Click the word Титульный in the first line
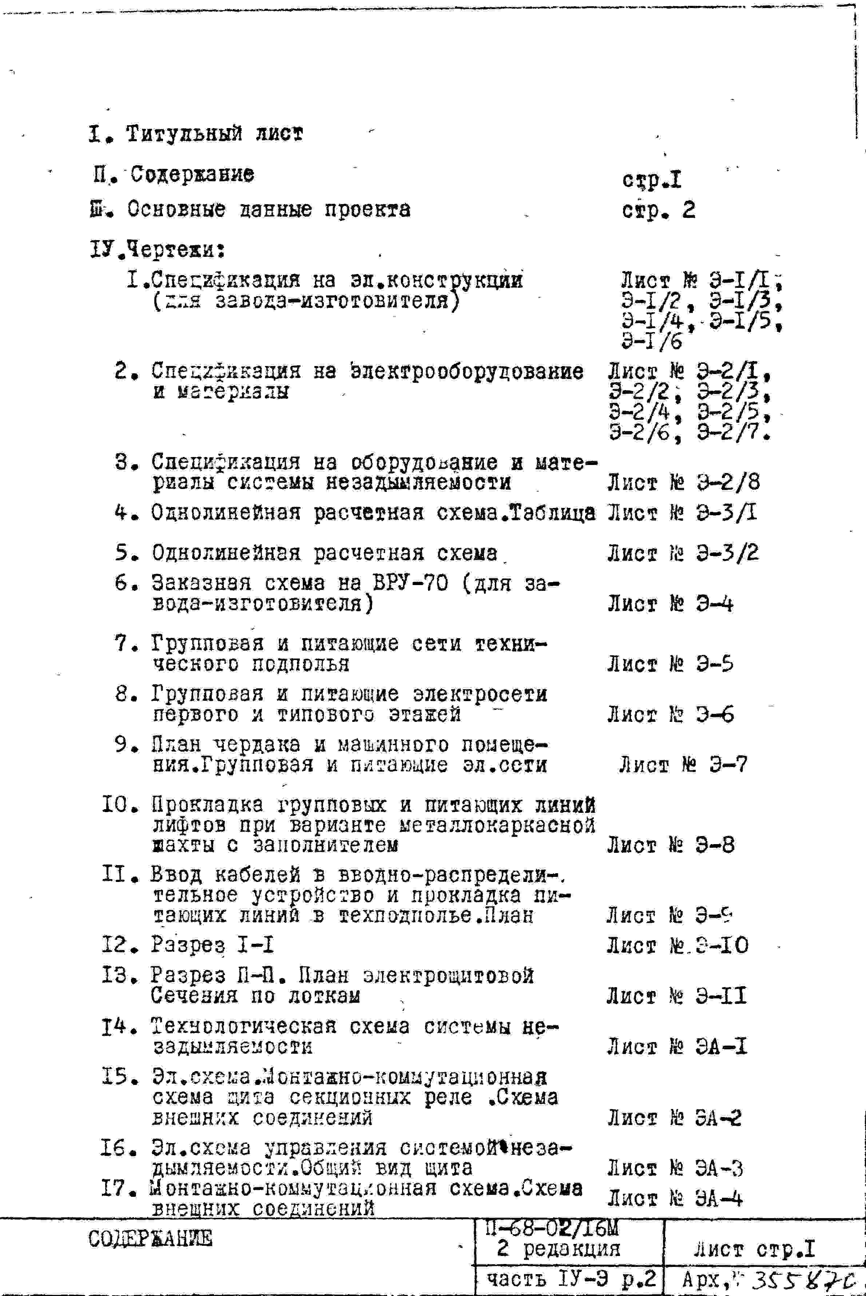pos(184,134)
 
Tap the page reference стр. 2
pos(658,210)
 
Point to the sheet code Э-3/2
pos(727,553)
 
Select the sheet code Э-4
pos(714,604)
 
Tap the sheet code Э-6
pos(714,715)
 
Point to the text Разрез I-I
pos(212,945)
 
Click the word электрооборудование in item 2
pos(467,371)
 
